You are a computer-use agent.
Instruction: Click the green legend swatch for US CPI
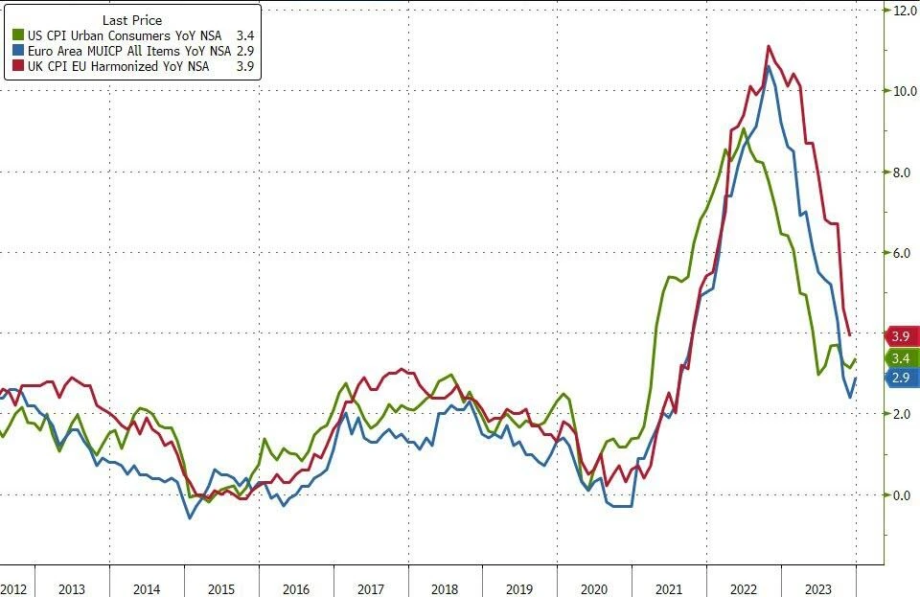(17, 35)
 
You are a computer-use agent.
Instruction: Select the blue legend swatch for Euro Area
(17, 51)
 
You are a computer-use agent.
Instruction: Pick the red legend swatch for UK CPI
(17, 66)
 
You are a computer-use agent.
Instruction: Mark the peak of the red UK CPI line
(769, 46)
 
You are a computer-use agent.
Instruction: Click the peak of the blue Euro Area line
(769, 67)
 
